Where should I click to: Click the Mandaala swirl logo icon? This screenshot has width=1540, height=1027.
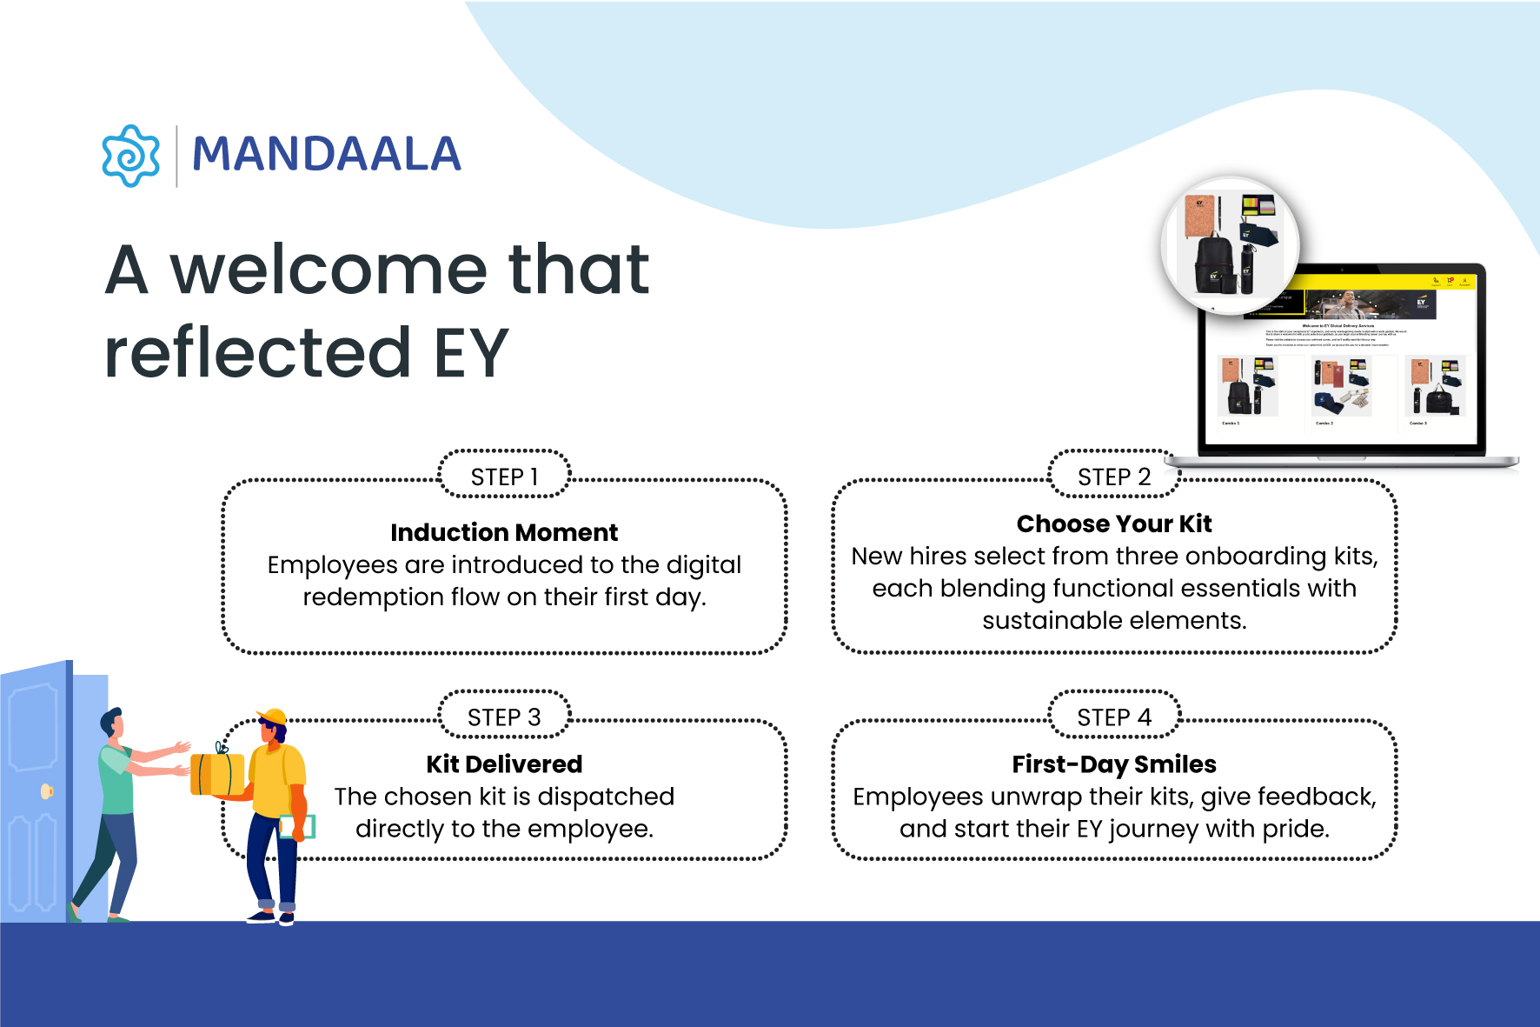[130, 156]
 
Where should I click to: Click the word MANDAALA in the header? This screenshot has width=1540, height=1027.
[326, 155]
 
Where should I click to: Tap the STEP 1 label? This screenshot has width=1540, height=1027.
[504, 477]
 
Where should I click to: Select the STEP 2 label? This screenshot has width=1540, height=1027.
[1113, 477]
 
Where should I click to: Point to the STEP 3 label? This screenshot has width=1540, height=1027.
[504, 717]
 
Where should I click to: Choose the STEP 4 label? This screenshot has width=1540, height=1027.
[1113, 717]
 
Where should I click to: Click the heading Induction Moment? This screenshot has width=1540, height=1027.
[504, 532]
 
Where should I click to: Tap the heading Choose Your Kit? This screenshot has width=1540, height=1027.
[1114, 524]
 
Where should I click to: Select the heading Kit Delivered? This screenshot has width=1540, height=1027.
[504, 764]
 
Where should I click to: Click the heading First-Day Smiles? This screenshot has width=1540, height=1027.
[1114, 764]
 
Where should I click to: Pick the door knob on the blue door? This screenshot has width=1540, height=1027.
[47, 791]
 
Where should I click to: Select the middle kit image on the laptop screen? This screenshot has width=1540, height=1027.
[1341, 387]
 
